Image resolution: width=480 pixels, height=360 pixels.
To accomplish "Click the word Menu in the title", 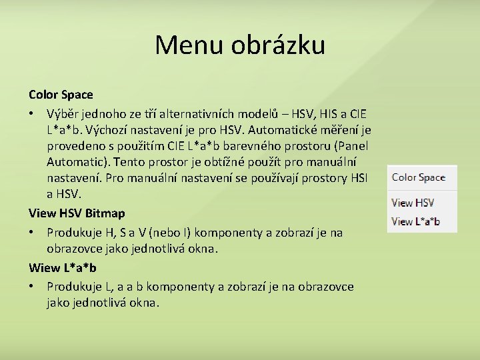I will tap(190, 45).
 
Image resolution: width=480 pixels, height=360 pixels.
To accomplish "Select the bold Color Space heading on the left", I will tap(61, 95).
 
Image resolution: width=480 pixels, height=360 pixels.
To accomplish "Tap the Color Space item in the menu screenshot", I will tap(418, 177).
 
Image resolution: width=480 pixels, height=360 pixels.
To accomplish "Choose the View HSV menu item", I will tap(413, 203).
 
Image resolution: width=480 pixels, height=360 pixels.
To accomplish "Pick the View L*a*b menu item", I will tap(415, 221).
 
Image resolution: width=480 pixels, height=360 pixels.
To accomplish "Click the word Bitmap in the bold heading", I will tap(105, 213).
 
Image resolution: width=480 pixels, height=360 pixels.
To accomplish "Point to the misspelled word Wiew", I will tap(43, 268).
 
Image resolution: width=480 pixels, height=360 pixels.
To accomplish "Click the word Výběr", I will tap(65, 115).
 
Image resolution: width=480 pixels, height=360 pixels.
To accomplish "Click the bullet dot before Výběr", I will tap(32, 115).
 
